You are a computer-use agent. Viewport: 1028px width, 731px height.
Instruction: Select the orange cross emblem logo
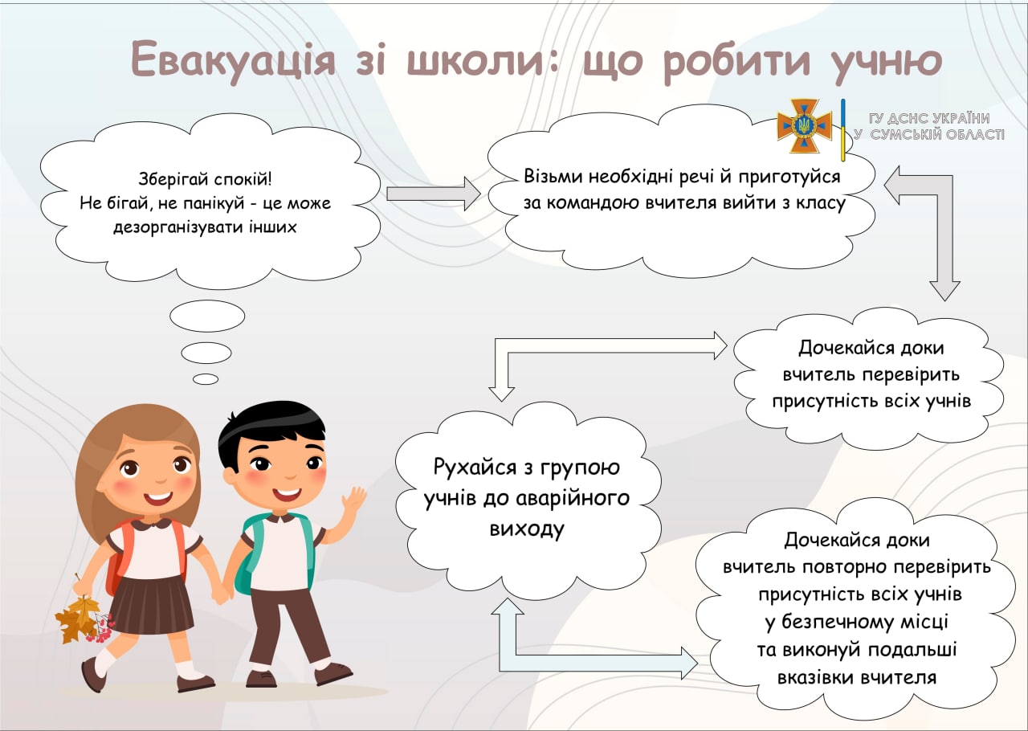click(804, 125)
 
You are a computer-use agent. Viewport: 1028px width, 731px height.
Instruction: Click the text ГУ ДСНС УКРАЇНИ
click(929, 118)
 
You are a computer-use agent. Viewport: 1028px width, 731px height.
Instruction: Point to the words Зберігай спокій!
click(205, 178)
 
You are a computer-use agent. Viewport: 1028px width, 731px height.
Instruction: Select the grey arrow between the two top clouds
click(434, 194)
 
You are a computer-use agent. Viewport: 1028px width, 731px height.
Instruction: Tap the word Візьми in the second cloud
click(553, 176)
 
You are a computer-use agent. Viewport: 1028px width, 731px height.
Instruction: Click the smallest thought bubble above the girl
click(206, 379)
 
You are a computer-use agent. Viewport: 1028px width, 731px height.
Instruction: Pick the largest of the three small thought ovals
click(207, 316)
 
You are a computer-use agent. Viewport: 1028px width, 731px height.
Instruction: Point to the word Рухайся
click(475, 468)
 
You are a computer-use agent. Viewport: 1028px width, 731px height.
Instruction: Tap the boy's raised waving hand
click(354, 501)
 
